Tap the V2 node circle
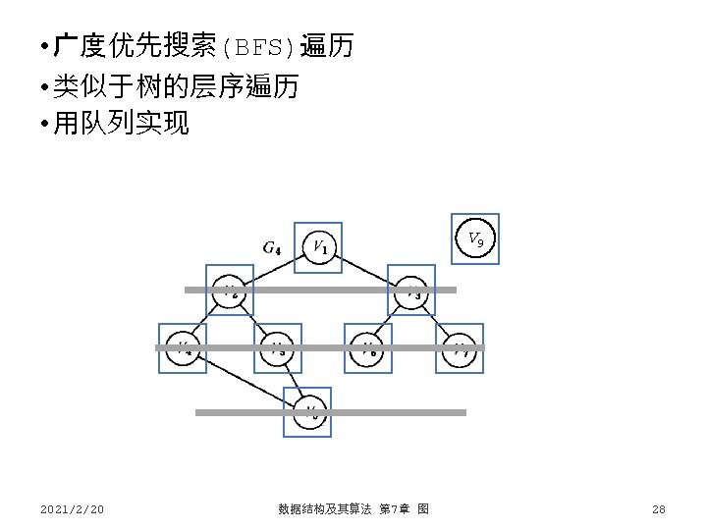click(229, 291)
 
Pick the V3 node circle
click(411, 291)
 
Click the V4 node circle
click(183, 348)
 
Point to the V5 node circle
click(278, 348)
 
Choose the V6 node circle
click(368, 348)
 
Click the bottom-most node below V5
click(308, 411)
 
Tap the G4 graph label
click(273, 247)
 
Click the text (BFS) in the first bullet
click(260, 46)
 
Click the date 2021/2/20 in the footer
click(73, 508)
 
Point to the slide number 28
click(658, 508)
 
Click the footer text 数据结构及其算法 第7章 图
click(353, 508)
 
